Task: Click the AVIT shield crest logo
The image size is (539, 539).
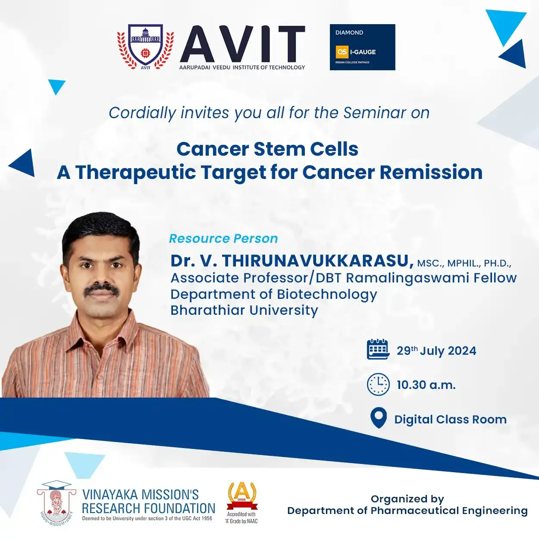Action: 145,47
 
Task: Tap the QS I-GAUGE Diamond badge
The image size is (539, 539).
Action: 362,47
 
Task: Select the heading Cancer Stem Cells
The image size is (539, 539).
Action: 267,149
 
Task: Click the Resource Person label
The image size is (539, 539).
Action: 223,238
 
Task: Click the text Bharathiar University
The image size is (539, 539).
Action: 244,310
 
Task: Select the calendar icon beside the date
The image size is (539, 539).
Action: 378,349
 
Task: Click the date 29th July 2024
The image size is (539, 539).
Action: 436,351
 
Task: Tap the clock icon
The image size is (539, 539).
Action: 378,384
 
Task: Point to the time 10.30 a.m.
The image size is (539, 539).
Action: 426,385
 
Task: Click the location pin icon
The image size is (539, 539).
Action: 379,417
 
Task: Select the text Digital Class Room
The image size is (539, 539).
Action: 450,420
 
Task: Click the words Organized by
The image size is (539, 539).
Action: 407,499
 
